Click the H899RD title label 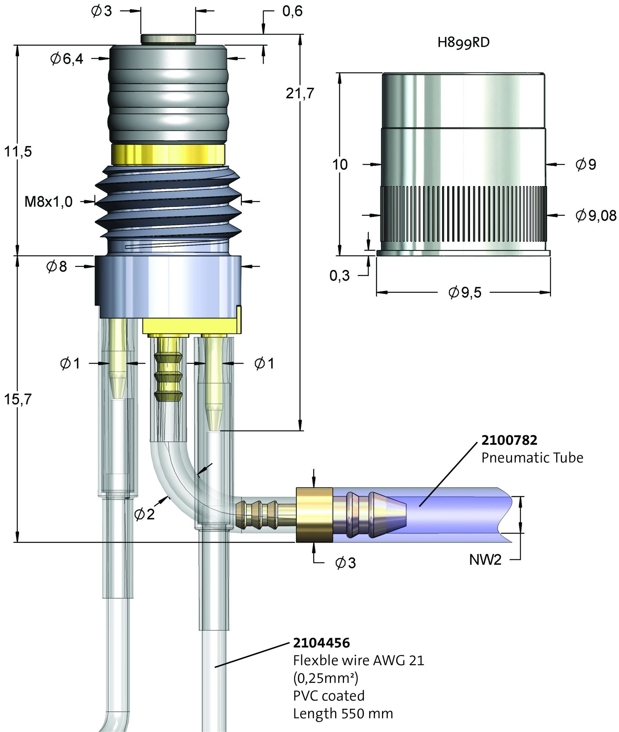click(463, 42)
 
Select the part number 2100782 click(509, 440)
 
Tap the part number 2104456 click(321, 642)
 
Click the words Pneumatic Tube click(532, 457)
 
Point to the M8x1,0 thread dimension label click(48, 202)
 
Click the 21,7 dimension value click(300, 93)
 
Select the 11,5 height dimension click(18, 152)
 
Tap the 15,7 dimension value click(18, 399)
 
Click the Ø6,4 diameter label click(67, 59)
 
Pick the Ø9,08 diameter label click(596, 215)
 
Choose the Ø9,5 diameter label click(465, 292)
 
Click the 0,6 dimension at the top click(293, 11)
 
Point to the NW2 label click(485, 560)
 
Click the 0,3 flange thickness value click(339, 275)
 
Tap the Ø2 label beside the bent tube click(145, 514)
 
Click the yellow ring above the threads click(168, 154)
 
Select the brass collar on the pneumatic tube click(314, 514)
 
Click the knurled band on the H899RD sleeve click(463, 213)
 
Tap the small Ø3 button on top click(168, 39)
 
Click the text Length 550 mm click(343, 713)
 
